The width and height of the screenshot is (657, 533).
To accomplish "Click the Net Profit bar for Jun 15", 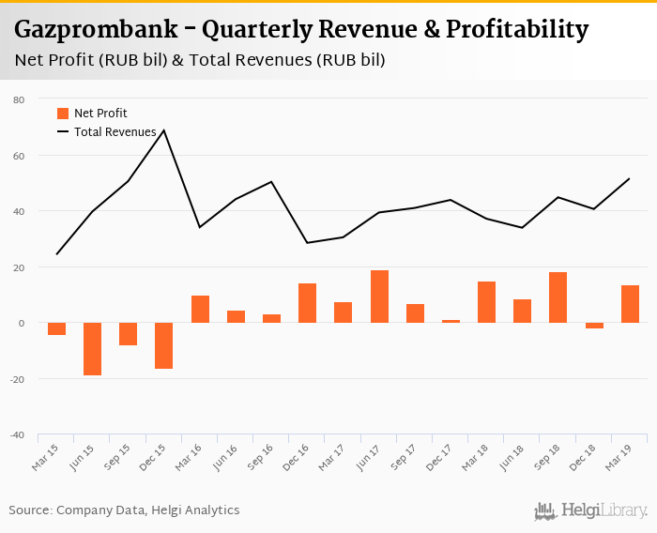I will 93,349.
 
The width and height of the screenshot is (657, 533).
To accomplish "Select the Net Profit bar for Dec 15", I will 164,345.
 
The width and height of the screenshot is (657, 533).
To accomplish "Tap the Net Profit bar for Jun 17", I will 379,297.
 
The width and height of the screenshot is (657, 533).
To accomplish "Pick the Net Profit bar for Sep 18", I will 558,297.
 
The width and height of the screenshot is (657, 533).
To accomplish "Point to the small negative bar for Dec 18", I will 594,326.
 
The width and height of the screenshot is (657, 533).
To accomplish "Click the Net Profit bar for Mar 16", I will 200,310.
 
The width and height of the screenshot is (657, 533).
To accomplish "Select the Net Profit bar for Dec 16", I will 308,303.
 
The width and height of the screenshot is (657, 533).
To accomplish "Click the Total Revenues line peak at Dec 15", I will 164,130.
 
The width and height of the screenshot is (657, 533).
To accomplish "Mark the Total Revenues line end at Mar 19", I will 629,178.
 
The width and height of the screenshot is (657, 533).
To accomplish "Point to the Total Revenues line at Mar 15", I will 57,254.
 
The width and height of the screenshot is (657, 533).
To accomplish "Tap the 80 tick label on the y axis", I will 19,99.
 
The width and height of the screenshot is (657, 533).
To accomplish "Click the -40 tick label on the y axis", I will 17,434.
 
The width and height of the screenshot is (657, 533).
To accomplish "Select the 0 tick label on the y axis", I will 22,323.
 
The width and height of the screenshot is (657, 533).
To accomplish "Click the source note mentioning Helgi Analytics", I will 124,510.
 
